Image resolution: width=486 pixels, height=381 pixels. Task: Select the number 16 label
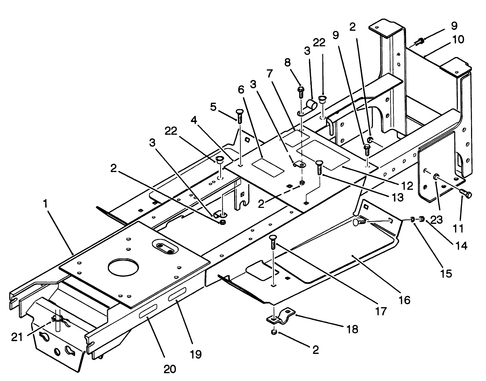pyautogui.click(x=405, y=299)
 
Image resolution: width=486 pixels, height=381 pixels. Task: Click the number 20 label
pyautogui.click(x=170, y=368)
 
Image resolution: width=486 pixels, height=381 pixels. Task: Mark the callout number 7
pyautogui.click(x=269, y=74)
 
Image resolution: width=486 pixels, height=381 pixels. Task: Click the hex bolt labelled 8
pyautogui.click(x=301, y=91)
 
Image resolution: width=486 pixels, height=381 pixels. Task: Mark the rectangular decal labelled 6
pyautogui.click(x=268, y=166)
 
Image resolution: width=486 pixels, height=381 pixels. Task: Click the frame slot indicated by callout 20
pyautogui.click(x=148, y=311)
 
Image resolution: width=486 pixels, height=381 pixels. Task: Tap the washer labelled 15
pyautogui.click(x=412, y=219)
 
